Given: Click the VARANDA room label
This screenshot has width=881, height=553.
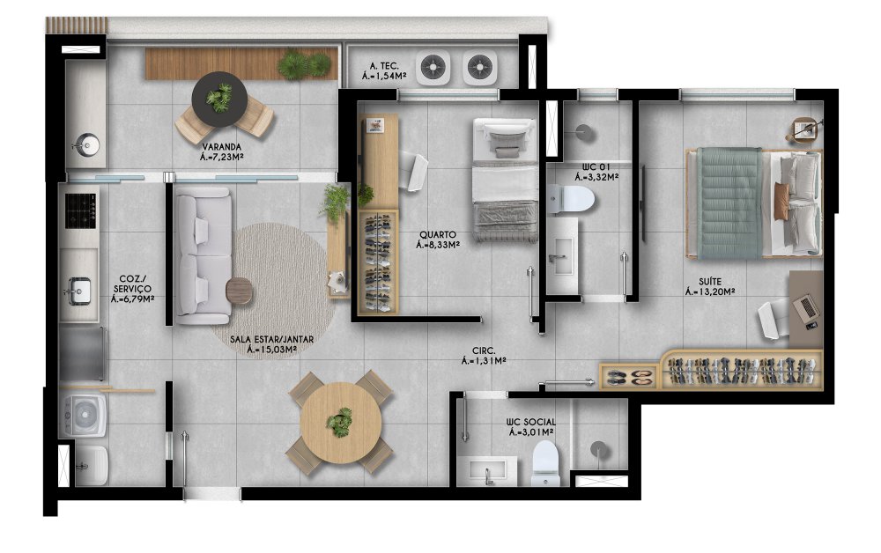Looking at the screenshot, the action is tap(222, 147).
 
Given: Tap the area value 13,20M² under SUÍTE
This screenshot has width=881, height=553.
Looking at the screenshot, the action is tap(710, 292).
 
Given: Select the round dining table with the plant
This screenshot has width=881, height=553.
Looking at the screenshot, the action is tap(340, 423).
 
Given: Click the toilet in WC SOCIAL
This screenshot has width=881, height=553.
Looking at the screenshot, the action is tap(545, 464).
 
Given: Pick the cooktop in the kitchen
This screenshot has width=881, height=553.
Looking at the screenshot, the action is tap(80, 210).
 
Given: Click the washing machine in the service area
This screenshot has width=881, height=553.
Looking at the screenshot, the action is tap(85, 416).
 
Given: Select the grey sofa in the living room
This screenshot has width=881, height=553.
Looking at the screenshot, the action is tap(204, 256).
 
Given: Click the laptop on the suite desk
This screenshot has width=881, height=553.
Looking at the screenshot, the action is tap(807, 307).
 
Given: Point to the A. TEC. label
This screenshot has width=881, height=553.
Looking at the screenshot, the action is tap(385, 66).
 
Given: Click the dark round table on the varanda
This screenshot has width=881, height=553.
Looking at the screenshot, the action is tap(219, 100).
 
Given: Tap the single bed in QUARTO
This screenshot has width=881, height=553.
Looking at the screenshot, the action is tap(505, 180).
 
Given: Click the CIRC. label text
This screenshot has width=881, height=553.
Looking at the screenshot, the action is tap(484, 350).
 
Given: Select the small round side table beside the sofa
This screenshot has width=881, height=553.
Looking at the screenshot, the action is tap(240, 291).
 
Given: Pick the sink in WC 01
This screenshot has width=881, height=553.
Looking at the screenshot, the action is tap(561, 255).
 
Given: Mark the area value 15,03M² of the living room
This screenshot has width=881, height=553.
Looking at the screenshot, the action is tap(272, 350).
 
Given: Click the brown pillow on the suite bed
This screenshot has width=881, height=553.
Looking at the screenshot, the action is tap(781, 201).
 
